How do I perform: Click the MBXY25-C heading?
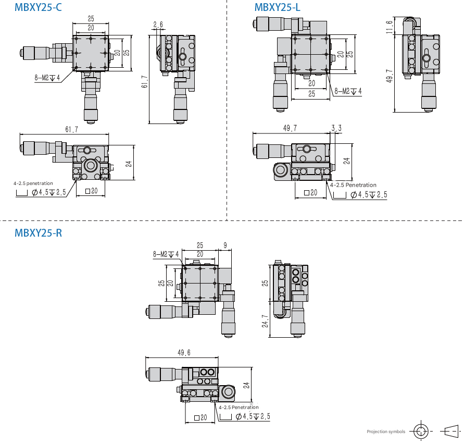(38, 7)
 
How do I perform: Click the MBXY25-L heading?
(277, 7)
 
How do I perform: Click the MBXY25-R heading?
(38, 233)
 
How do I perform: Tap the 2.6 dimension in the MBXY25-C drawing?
(158, 24)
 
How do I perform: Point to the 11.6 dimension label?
(390, 27)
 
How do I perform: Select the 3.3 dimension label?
(336, 128)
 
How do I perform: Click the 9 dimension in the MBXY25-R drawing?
(225, 245)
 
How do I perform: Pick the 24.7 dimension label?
(265, 321)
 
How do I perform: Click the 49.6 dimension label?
(184, 353)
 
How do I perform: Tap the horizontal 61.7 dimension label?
(72, 129)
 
